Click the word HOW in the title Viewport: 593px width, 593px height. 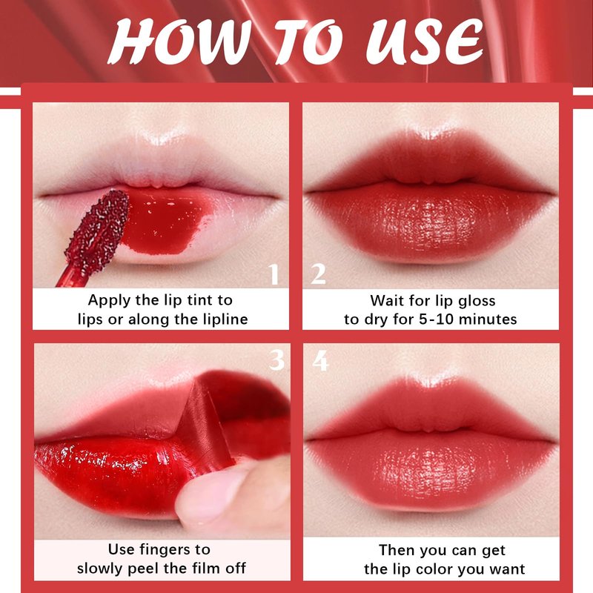[x=179, y=42]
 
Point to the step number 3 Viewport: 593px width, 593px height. [x=276, y=360]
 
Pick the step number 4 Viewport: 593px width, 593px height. [x=320, y=360]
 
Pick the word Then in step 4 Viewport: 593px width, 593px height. [x=397, y=550]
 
